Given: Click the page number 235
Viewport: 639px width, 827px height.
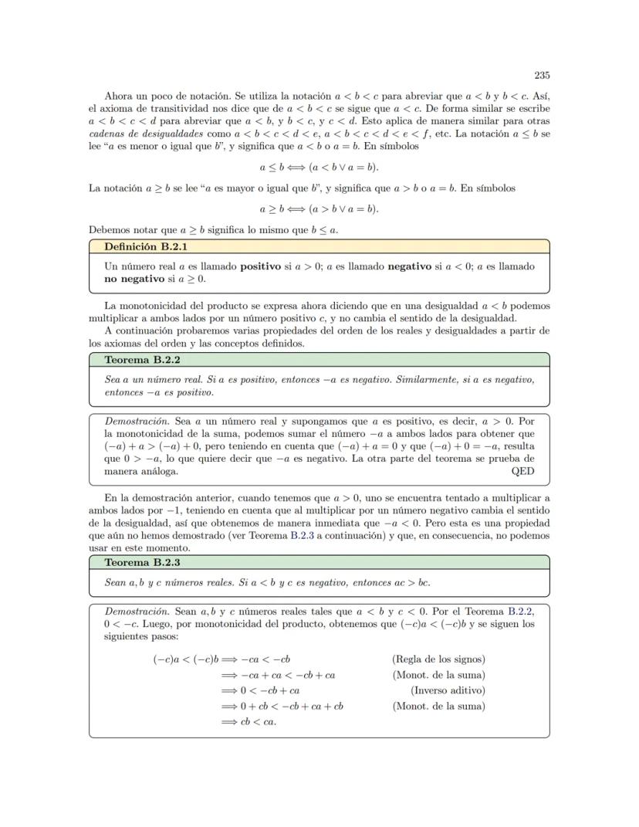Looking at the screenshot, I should click(x=542, y=76).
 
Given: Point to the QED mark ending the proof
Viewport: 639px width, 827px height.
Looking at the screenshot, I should click(x=522, y=470).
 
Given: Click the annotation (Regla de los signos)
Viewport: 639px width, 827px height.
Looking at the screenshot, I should click(x=438, y=659).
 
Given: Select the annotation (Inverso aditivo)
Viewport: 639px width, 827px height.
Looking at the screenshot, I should click(x=448, y=690).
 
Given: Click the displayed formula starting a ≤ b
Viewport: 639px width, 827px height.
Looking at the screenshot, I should click(x=319, y=167).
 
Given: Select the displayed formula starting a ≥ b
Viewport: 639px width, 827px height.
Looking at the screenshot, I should click(x=319, y=209).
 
